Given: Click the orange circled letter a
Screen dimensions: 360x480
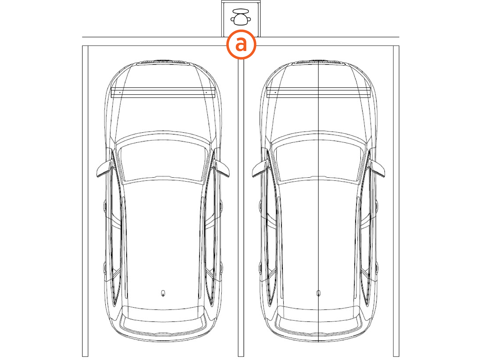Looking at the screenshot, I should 241,44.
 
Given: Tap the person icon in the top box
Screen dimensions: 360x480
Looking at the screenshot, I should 241,17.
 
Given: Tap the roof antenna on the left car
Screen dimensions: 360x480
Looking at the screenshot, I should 163,293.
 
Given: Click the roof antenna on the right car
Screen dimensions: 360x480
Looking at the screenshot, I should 318,293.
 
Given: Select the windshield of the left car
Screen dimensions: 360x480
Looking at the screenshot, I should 163,162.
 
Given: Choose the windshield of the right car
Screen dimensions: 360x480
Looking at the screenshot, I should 318,162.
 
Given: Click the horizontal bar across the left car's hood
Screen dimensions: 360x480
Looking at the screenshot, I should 163,92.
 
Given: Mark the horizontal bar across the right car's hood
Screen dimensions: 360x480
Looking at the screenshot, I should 318,92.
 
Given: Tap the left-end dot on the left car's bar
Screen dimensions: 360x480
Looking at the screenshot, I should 120,92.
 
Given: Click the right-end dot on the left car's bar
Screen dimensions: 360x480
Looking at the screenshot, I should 206,92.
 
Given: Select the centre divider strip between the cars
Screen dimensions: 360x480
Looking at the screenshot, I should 241,210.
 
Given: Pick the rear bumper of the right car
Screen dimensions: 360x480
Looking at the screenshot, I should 318,330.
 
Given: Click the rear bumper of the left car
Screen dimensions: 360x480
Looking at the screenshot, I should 163,330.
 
